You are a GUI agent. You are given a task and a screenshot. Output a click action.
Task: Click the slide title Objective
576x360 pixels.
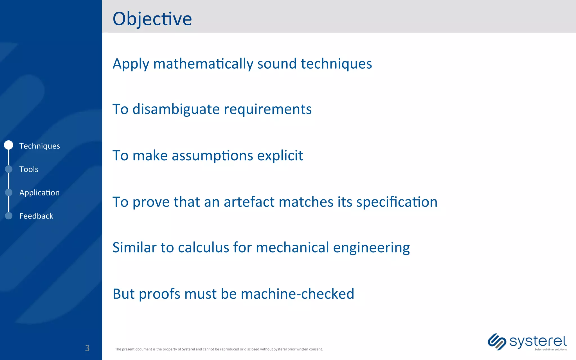[x=152, y=19]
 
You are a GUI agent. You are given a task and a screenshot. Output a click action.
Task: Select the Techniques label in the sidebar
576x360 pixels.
[x=40, y=146]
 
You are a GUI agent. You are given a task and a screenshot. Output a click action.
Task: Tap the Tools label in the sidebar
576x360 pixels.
[x=29, y=169]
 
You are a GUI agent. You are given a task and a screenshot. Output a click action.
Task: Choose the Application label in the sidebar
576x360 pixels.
[x=39, y=193]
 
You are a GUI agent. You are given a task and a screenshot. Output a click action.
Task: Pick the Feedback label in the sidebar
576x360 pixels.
[x=36, y=216]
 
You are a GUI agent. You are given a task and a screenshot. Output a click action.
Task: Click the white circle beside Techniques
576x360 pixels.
[x=9, y=145]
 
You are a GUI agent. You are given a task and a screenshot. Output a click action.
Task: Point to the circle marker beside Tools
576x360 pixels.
[x=9, y=169]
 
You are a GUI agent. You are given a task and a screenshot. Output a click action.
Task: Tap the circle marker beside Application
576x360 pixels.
[x=9, y=192]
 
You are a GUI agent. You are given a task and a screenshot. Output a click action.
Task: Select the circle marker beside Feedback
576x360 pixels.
[x=9, y=216]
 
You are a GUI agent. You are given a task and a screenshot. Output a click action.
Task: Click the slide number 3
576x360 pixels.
[x=87, y=348]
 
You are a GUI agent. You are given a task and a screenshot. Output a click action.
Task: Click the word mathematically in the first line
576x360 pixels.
[x=203, y=64]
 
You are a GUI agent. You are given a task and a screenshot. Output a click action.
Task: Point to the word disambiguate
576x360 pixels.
[x=176, y=109]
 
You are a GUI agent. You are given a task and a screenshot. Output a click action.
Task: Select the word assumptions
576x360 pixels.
[x=212, y=156]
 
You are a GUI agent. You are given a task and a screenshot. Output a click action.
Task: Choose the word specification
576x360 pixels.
[x=397, y=202]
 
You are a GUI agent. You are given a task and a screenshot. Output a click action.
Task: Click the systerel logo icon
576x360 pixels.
[x=497, y=342]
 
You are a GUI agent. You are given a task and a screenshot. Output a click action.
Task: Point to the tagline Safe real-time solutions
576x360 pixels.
[x=550, y=350]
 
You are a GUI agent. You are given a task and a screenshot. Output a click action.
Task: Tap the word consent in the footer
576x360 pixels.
[x=316, y=349]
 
